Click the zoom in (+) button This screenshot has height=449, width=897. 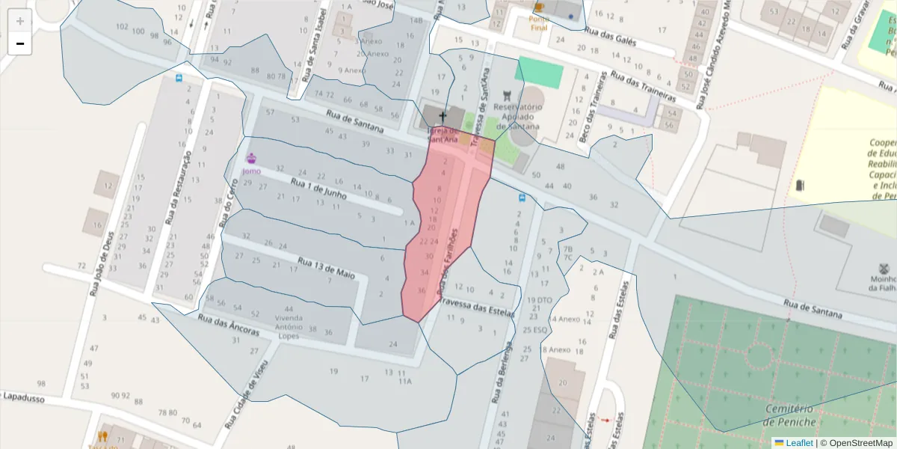(20, 21)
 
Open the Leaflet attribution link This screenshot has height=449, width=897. (799, 442)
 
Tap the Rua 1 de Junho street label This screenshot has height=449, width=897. (319, 188)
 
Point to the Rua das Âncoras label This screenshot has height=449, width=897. (229, 325)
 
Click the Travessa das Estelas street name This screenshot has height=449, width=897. (477, 308)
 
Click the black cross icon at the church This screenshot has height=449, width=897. (443, 116)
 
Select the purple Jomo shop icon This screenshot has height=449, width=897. (251, 159)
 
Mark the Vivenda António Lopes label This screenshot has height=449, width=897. (289, 322)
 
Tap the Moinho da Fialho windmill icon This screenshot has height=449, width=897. (884, 268)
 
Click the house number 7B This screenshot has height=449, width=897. (567, 248)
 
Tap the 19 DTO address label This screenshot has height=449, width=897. (539, 300)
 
